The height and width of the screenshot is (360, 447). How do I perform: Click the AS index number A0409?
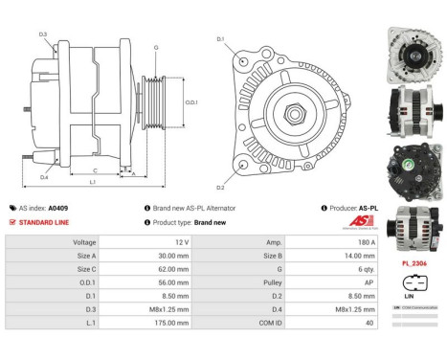pyautogui.click(x=58, y=207)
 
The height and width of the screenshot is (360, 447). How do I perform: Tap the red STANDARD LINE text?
pyautogui.click(x=42, y=221)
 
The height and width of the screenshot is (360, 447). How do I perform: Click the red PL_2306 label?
pyautogui.click(x=413, y=261)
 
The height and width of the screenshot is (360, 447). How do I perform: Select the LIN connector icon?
pyautogui.click(x=412, y=284)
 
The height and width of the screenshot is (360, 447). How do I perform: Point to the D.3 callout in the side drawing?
pyautogui.click(x=43, y=34)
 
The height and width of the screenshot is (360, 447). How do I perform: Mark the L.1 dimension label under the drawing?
pyautogui.click(x=92, y=181)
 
